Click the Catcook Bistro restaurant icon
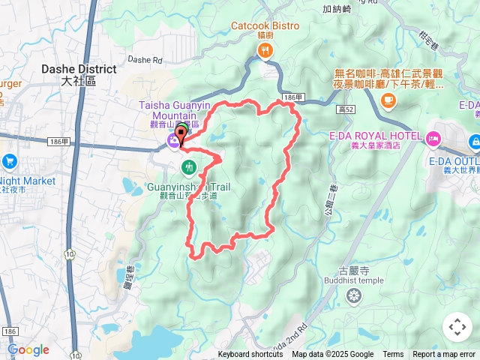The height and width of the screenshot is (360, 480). [x=264, y=51]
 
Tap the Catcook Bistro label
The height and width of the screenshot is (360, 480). [x=265, y=25]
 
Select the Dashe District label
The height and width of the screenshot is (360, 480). [x=78, y=69]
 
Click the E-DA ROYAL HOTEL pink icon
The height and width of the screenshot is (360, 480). [x=433, y=138]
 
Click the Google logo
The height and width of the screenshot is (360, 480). [x=28, y=349]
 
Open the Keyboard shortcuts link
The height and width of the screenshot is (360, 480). [x=250, y=355]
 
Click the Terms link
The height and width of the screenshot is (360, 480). [x=393, y=355]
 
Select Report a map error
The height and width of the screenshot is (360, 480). [x=444, y=355]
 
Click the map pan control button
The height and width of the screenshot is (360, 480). [x=457, y=327]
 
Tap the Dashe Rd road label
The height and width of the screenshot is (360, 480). [x=145, y=59]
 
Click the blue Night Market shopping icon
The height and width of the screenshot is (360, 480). [x=9, y=160]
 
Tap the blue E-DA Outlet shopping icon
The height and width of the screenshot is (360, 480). [x=475, y=140]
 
